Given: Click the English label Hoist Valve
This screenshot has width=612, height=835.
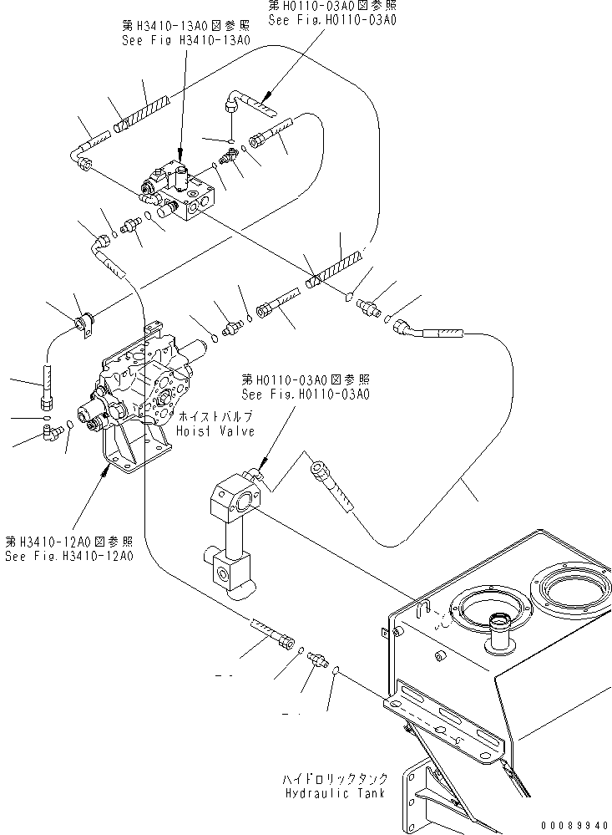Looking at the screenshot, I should pos(215,430).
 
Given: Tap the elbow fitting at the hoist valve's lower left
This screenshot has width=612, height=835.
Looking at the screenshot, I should pos(53,431).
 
